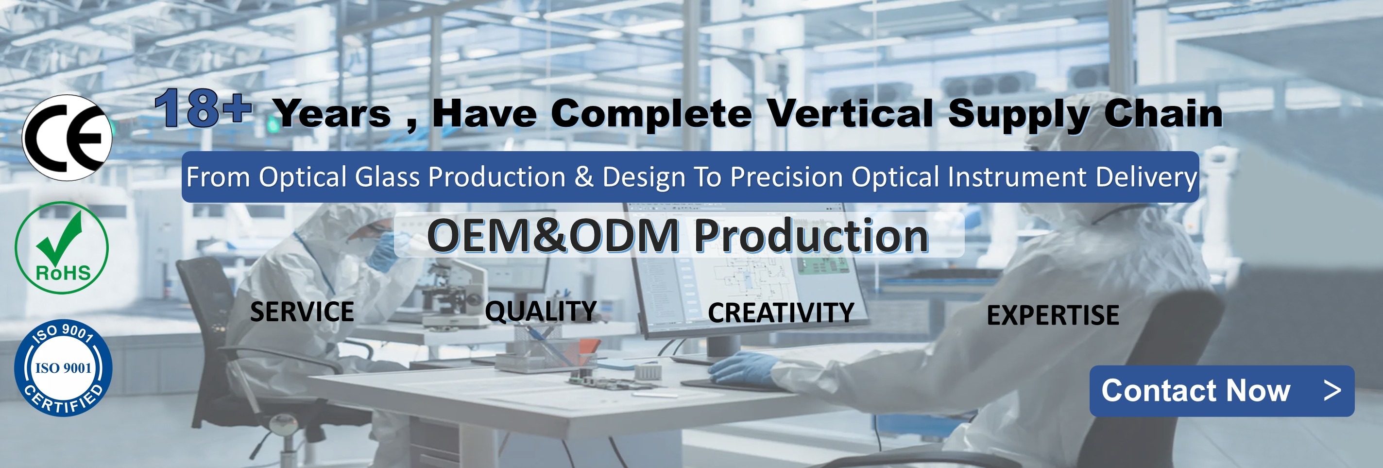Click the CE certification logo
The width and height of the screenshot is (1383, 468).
coord(67,138)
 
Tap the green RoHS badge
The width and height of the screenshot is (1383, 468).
coord(62,248)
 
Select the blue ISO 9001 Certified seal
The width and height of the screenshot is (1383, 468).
coord(63,368)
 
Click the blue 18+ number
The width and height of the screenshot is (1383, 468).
coord(203,108)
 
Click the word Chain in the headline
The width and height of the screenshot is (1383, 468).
coord(1163,113)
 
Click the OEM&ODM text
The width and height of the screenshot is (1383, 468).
coord(553,236)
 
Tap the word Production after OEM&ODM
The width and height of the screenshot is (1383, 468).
coord(811,236)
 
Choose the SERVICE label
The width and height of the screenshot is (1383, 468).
coord(302,312)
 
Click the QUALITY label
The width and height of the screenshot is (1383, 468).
coord(541,311)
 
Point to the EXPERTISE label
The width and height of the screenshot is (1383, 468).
coord(1053,315)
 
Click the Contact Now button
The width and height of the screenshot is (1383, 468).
coord(1222,391)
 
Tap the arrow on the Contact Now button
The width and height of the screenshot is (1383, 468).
coord(1332,391)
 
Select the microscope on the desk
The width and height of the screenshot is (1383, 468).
coord(451,293)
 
